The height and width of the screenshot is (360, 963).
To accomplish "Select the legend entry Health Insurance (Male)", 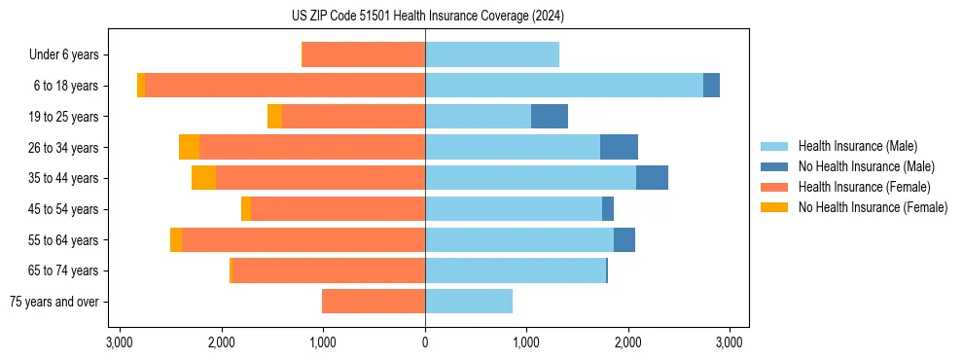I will (857, 146).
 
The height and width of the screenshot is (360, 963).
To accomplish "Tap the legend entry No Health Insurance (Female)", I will (873, 207).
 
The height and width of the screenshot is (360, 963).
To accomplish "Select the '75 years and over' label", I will (54, 302).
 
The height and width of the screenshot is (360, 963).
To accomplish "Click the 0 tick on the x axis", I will (425, 342).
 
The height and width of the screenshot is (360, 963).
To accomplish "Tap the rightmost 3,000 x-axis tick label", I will (730, 342).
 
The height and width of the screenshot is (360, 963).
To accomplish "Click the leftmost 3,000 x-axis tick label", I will (120, 342).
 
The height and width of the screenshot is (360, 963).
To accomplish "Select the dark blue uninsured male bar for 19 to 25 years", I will (550, 117).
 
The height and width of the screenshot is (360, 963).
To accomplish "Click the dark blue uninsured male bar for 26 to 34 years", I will (619, 147).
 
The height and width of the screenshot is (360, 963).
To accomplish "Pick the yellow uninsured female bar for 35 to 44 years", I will (203, 178).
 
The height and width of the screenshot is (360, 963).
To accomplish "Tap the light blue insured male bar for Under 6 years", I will (492, 55).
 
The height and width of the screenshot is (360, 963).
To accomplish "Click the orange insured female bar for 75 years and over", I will (374, 302).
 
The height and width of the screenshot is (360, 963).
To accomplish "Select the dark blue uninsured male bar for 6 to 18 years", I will (711, 86).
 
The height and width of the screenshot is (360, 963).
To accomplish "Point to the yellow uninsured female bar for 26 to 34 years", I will (189, 147).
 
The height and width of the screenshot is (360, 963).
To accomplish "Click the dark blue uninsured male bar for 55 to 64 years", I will (624, 239).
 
